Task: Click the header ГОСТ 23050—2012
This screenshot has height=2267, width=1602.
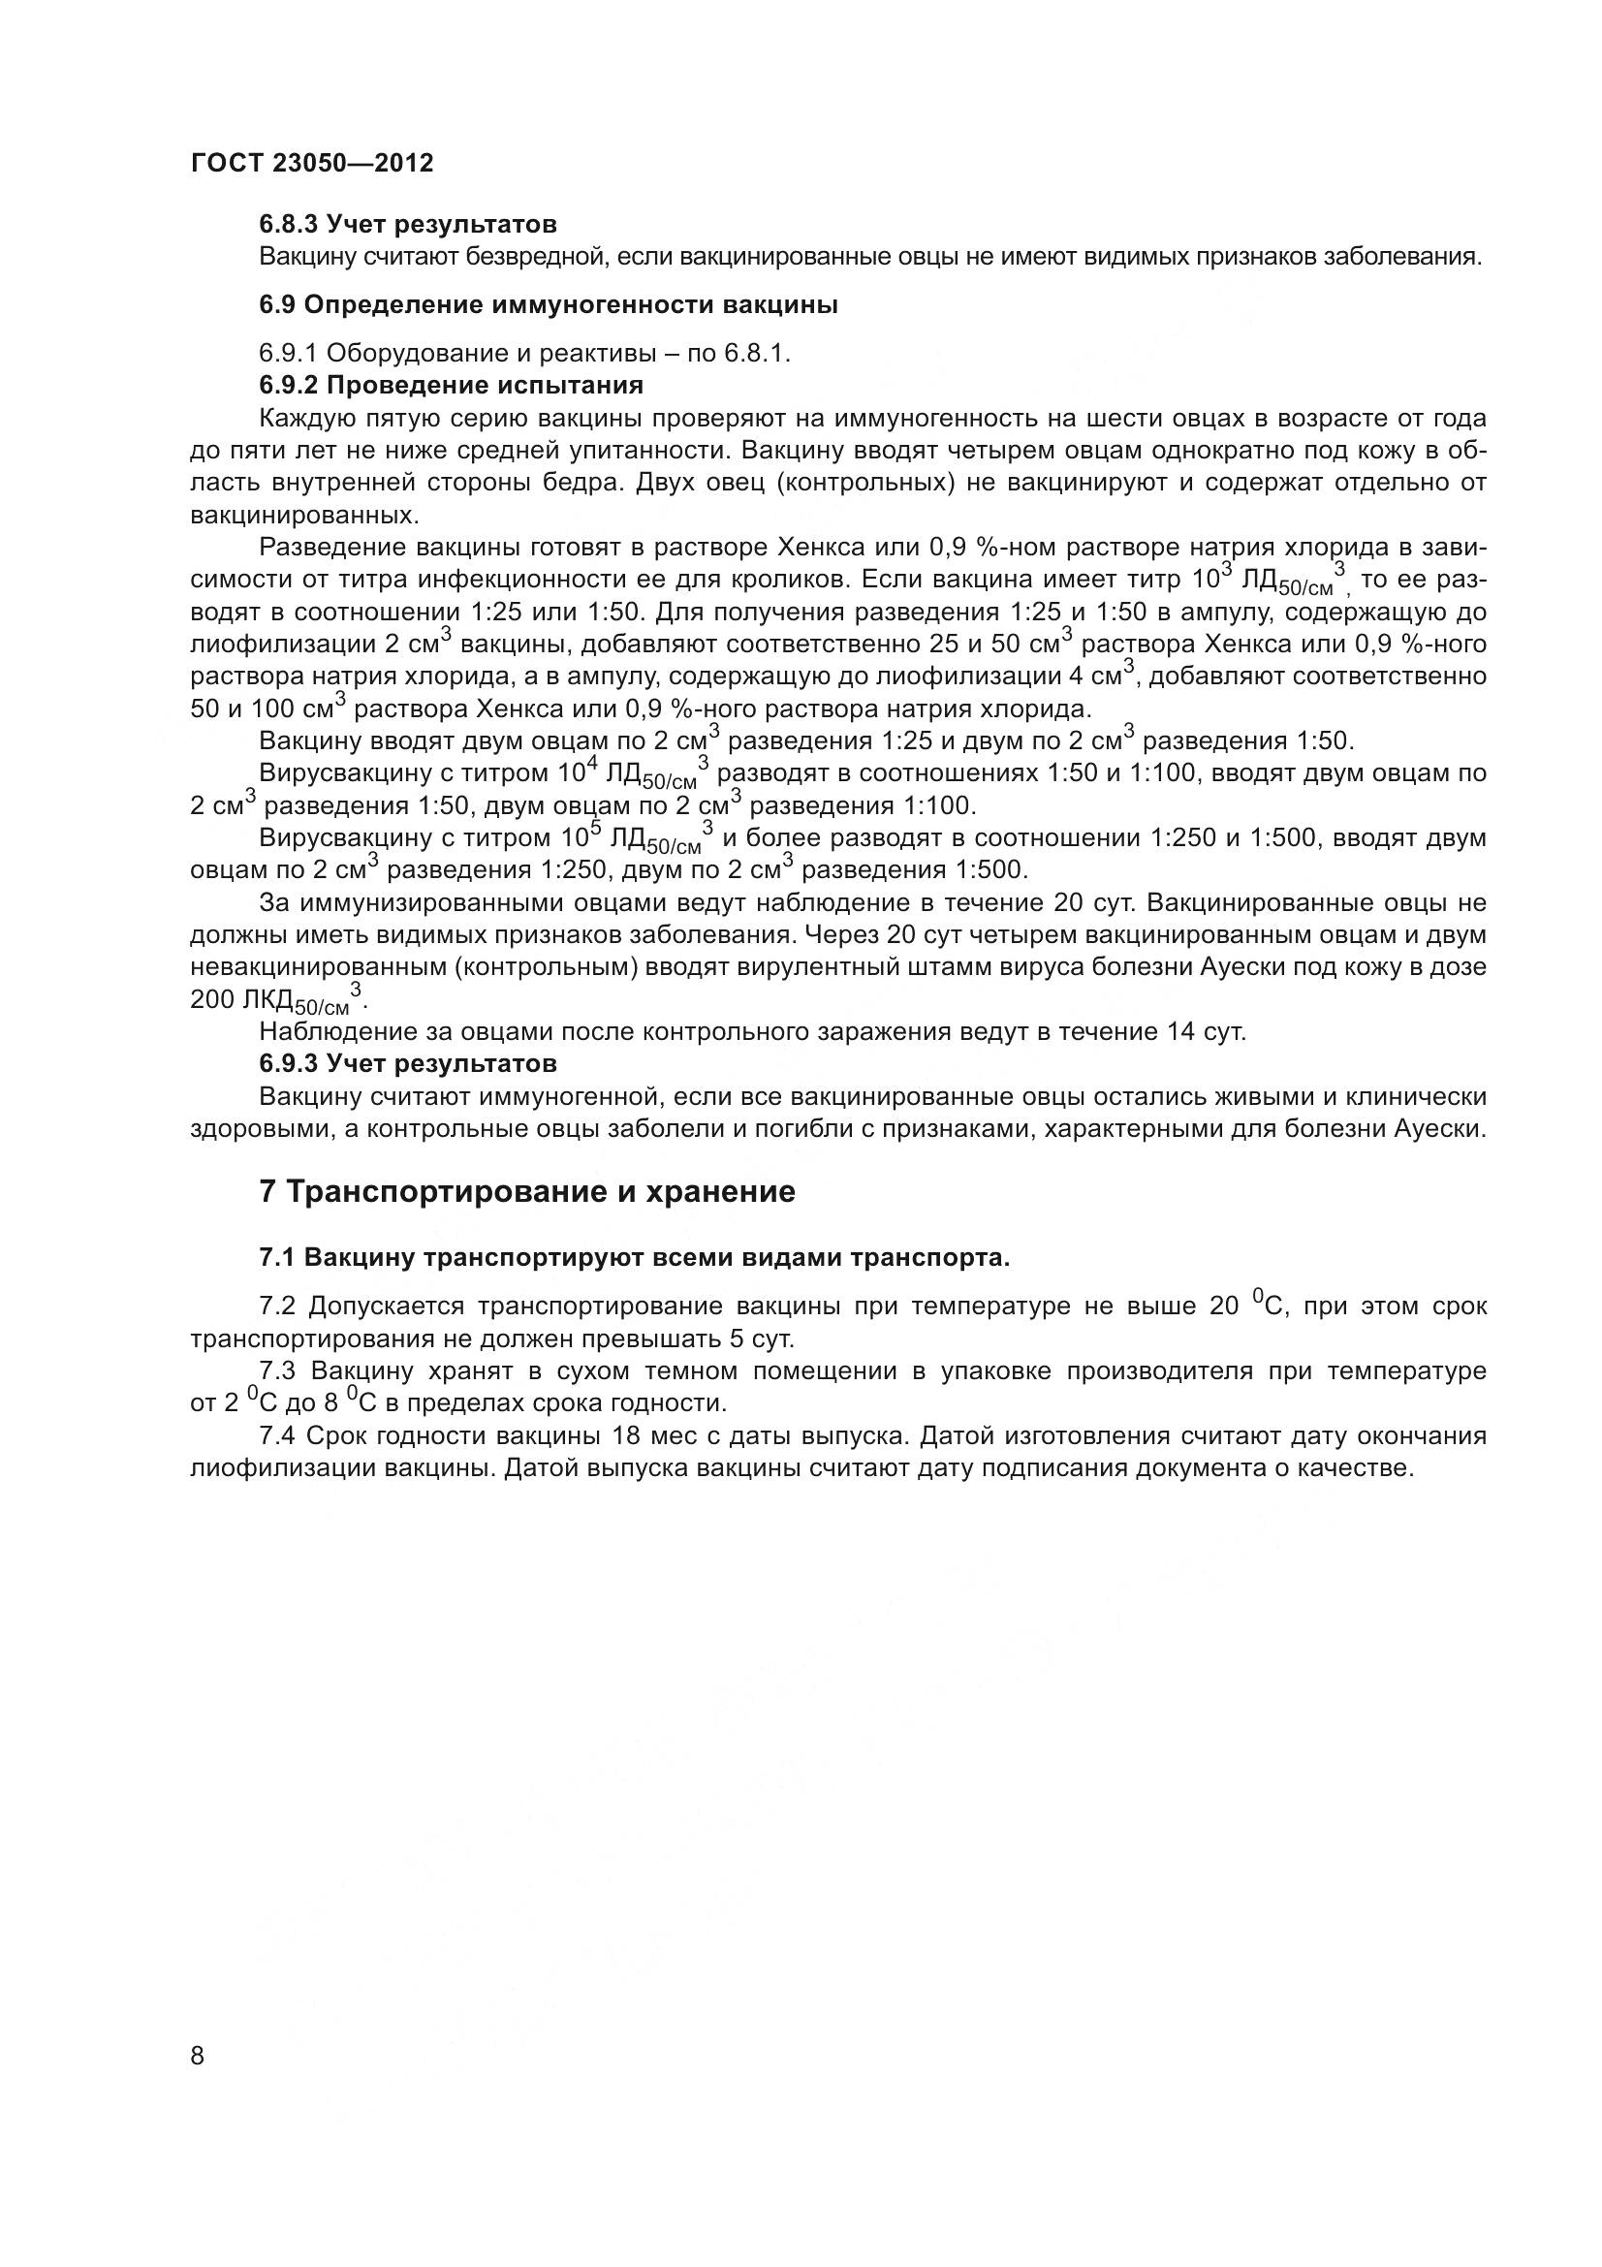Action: tap(312, 163)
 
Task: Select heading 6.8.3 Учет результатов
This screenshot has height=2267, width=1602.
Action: tap(408, 225)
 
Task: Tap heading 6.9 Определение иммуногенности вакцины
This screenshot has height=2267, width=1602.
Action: tap(548, 305)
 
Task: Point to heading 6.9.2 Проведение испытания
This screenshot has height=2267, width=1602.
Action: tap(451, 385)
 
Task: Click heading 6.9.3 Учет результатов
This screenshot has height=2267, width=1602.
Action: tap(408, 1064)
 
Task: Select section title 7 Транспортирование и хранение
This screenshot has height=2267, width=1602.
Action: tap(526, 1192)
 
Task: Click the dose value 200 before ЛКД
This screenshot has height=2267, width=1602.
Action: tap(211, 999)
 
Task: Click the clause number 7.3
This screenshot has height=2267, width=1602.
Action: tap(278, 1370)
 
